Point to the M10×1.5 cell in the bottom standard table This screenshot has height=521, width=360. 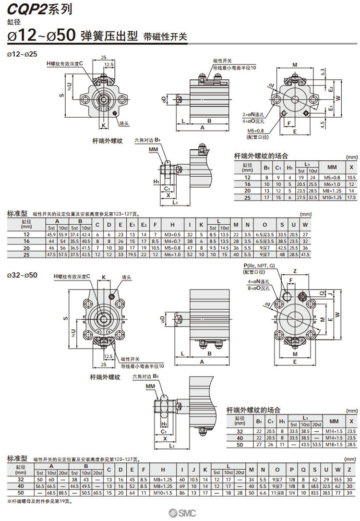pyautogui.click(x=163, y=493)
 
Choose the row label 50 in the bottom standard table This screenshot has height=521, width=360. pyautogui.click(x=20, y=493)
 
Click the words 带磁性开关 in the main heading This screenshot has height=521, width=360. pyautogui.click(x=165, y=36)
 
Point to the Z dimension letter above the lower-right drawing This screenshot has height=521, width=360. pyautogui.click(x=295, y=270)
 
